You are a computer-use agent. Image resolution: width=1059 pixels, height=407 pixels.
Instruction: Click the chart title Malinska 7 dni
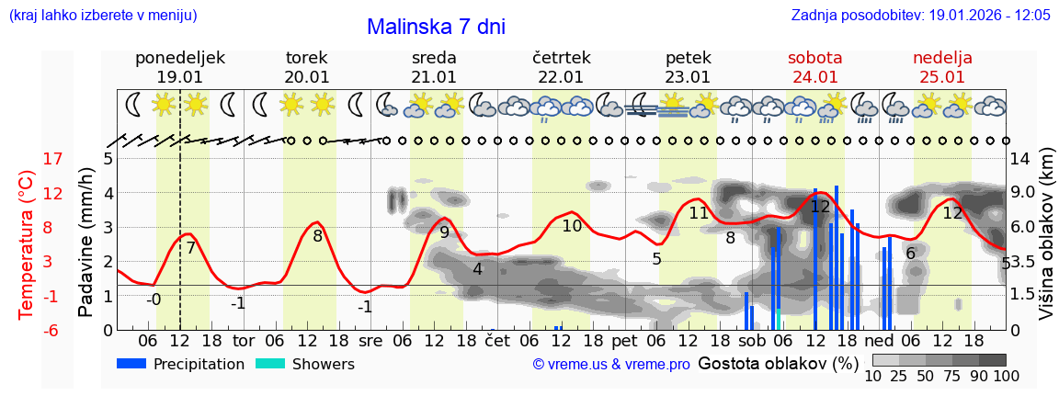[436, 27]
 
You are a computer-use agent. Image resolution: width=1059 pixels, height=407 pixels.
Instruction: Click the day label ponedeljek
[180, 58]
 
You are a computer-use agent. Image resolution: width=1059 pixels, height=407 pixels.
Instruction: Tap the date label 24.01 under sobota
[814, 77]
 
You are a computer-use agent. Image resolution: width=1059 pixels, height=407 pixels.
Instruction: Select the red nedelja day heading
[942, 58]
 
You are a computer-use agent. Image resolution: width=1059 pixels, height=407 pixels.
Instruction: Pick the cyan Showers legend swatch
[270, 364]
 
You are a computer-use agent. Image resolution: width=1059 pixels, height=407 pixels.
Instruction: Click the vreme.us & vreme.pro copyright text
[611, 365]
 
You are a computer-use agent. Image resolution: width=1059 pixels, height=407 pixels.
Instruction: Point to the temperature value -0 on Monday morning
[154, 299]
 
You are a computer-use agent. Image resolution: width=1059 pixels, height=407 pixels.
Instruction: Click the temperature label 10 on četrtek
[572, 226]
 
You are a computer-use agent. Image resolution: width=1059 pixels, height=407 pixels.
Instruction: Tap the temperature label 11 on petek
[699, 213]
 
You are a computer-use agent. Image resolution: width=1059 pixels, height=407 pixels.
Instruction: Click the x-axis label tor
[243, 341]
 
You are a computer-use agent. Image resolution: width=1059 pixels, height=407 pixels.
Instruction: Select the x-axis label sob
[751, 341]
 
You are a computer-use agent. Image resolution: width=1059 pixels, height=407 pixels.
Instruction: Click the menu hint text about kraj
[102, 16]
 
